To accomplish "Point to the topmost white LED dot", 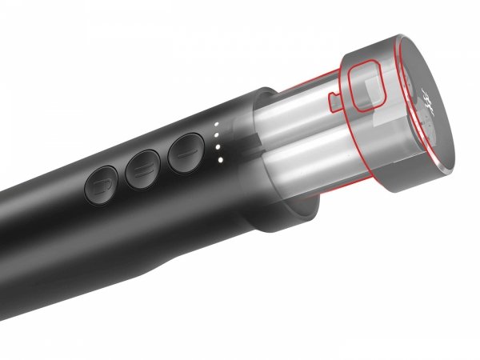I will [x=217, y=124].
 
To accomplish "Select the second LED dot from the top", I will [x=218, y=135].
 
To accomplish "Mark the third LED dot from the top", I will [x=218, y=147].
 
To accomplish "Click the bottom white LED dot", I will [x=219, y=159].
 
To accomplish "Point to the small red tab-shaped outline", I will [x=334, y=102].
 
